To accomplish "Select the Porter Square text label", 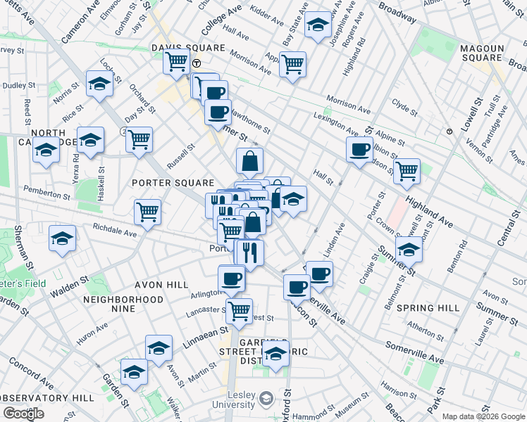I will [x=168, y=183].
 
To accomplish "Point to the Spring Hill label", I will [x=428, y=308].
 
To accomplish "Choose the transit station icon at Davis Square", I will [x=197, y=63].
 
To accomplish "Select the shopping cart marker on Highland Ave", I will [x=407, y=170].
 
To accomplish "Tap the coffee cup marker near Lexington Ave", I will [x=359, y=149].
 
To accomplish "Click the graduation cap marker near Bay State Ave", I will [x=318, y=27].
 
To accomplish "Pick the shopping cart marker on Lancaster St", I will [x=240, y=309].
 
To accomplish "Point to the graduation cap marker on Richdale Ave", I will [x=63, y=238].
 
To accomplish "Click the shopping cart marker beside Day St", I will [x=139, y=139].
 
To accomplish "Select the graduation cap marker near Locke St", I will [x=100, y=84].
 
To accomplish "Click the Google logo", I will [x=24, y=414].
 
